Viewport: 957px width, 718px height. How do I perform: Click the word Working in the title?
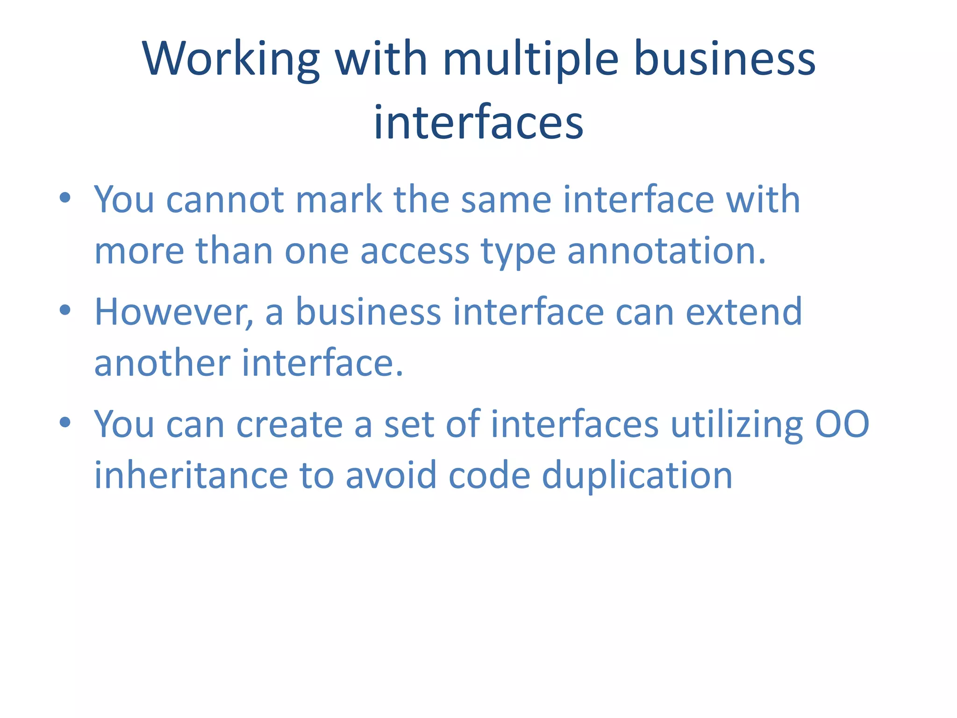pyautogui.click(x=232, y=59)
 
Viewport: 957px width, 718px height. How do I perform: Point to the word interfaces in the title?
pyautogui.click(x=478, y=122)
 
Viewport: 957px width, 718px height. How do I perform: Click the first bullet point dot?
pyautogui.click(x=65, y=198)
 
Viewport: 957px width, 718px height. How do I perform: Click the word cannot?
pyautogui.click(x=225, y=200)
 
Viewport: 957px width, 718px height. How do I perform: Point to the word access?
pyautogui.click(x=414, y=251)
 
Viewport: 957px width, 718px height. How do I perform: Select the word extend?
pyautogui.click(x=743, y=312)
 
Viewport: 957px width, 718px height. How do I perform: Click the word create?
pyautogui.click(x=289, y=424)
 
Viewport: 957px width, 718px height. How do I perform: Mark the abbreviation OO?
pyautogui.click(x=842, y=424)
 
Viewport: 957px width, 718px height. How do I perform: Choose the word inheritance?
pyautogui.click(x=191, y=475)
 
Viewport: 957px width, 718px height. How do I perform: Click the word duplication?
pyautogui.click(x=637, y=475)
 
